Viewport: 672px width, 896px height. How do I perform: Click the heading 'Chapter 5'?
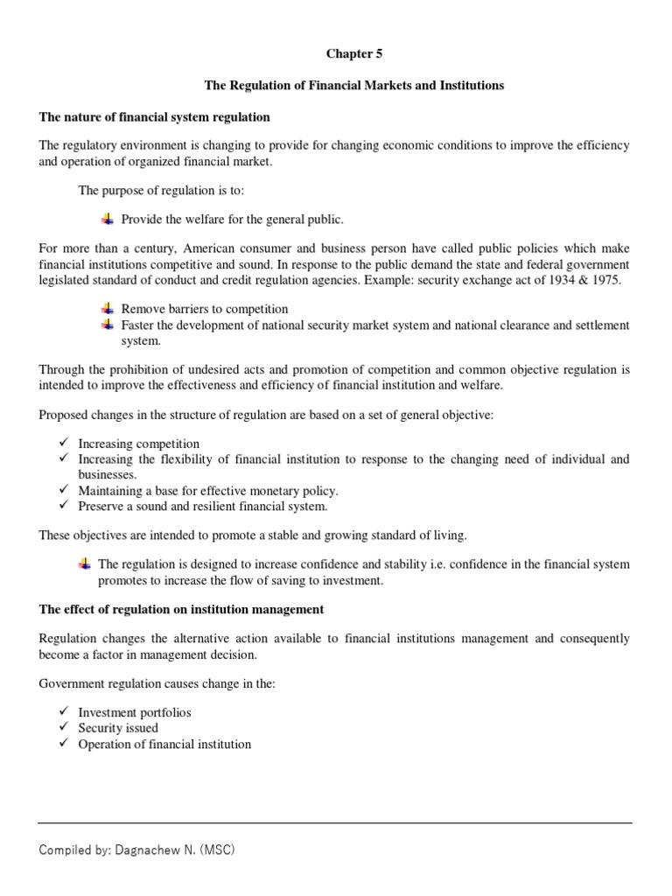coord(354,54)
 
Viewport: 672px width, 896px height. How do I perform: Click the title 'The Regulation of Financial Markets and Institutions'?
coord(354,86)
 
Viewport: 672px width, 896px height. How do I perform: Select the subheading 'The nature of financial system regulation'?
coord(155,116)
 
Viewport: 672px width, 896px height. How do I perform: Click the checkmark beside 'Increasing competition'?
coord(64,443)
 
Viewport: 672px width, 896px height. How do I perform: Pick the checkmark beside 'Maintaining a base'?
coord(64,490)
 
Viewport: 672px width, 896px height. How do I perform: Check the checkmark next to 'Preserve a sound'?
coord(64,506)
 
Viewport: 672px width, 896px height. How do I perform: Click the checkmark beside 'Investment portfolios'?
coord(64,711)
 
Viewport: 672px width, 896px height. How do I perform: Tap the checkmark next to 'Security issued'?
coord(64,727)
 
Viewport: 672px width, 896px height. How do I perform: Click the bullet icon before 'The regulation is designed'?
coord(85,563)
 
